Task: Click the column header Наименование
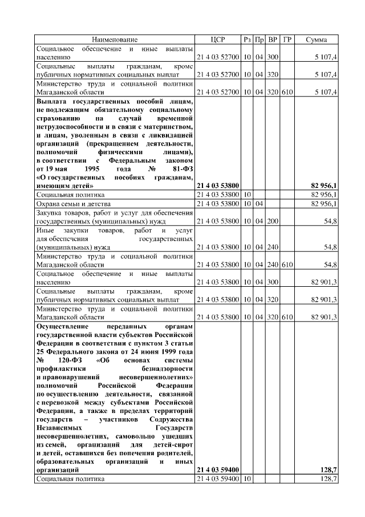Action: tap(115, 39)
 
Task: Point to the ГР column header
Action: tap(287, 39)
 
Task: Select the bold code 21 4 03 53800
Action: tap(217, 186)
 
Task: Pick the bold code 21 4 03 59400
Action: tap(217, 470)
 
